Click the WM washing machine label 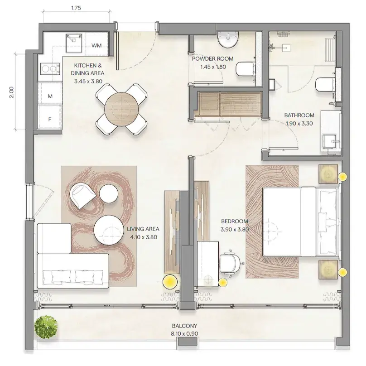(x=96, y=45)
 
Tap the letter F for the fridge (x=50, y=120)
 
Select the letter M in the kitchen (x=50, y=96)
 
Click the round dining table (x=121, y=109)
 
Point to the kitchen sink (x=74, y=43)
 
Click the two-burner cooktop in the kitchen (x=50, y=69)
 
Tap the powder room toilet (x=246, y=69)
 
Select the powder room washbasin (x=228, y=40)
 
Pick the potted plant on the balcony (x=46, y=327)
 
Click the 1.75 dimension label (x=76, y=8)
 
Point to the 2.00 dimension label (x=12, y=92)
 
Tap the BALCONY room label (x=184, y=326)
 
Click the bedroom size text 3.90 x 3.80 (x=235, y=230)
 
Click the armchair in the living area (x=82, y=196)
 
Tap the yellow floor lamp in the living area (x=170, y=282)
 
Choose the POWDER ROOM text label (x=212, y=58)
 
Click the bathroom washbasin (x=330, y=141)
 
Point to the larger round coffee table (x=109, y=230)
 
